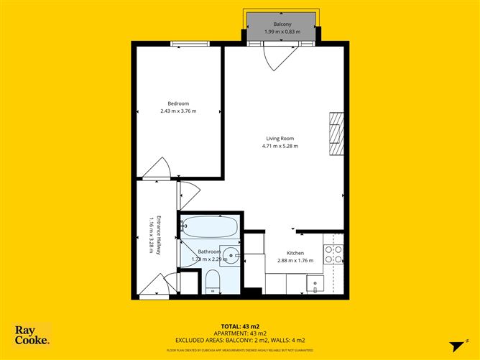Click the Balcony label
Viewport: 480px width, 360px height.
(x=282, y=25)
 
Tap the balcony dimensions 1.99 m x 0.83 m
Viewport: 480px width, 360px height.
(x=282, y=32)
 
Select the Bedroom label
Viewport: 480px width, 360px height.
(x=178, y=103)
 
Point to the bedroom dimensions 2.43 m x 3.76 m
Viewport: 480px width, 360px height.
(x=178, y=111)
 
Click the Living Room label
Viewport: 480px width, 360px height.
(x=280, y=139)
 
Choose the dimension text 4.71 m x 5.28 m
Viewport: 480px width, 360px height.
(x=280, y=147)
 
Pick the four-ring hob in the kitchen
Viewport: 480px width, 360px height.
(x=333, y=254)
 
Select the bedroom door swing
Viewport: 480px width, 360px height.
(x=157, y=170)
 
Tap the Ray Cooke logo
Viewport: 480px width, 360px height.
(x=32, y=335)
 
